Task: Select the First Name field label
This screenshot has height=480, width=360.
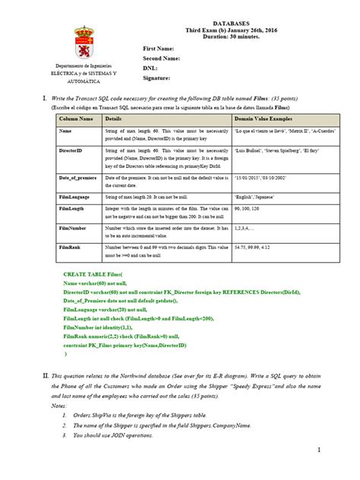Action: point(159,48)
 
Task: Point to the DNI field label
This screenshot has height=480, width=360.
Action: point(151,68)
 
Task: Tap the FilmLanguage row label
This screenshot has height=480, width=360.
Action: point(74,197)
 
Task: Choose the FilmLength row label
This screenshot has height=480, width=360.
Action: point(71,207)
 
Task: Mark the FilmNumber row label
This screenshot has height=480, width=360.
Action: point(72,227)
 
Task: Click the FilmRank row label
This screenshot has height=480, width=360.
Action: point(69,247)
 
